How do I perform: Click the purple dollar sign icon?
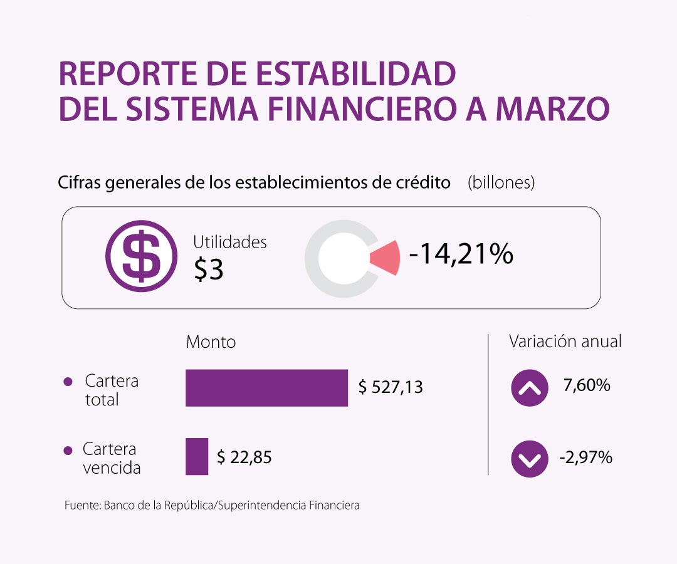(141, 256)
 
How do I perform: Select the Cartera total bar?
(266, 388)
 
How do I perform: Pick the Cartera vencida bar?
(197, 456)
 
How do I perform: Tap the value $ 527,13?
(391, 387)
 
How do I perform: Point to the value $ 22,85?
(244, 457)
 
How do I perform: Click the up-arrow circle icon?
(530, 388)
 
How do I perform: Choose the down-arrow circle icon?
(530, 459)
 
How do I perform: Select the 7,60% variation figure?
(587, 385)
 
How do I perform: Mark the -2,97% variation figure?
(585, 457)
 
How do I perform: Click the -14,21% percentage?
(461, 254)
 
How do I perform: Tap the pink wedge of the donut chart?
(386, 258)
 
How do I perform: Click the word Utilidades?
(229, 242)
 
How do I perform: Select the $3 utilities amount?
(209, 269)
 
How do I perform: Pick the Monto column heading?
(211, 342)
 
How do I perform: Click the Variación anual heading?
(565, 342)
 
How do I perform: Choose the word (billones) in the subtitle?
(501, 182)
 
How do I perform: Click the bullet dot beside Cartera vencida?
(68, 451)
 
